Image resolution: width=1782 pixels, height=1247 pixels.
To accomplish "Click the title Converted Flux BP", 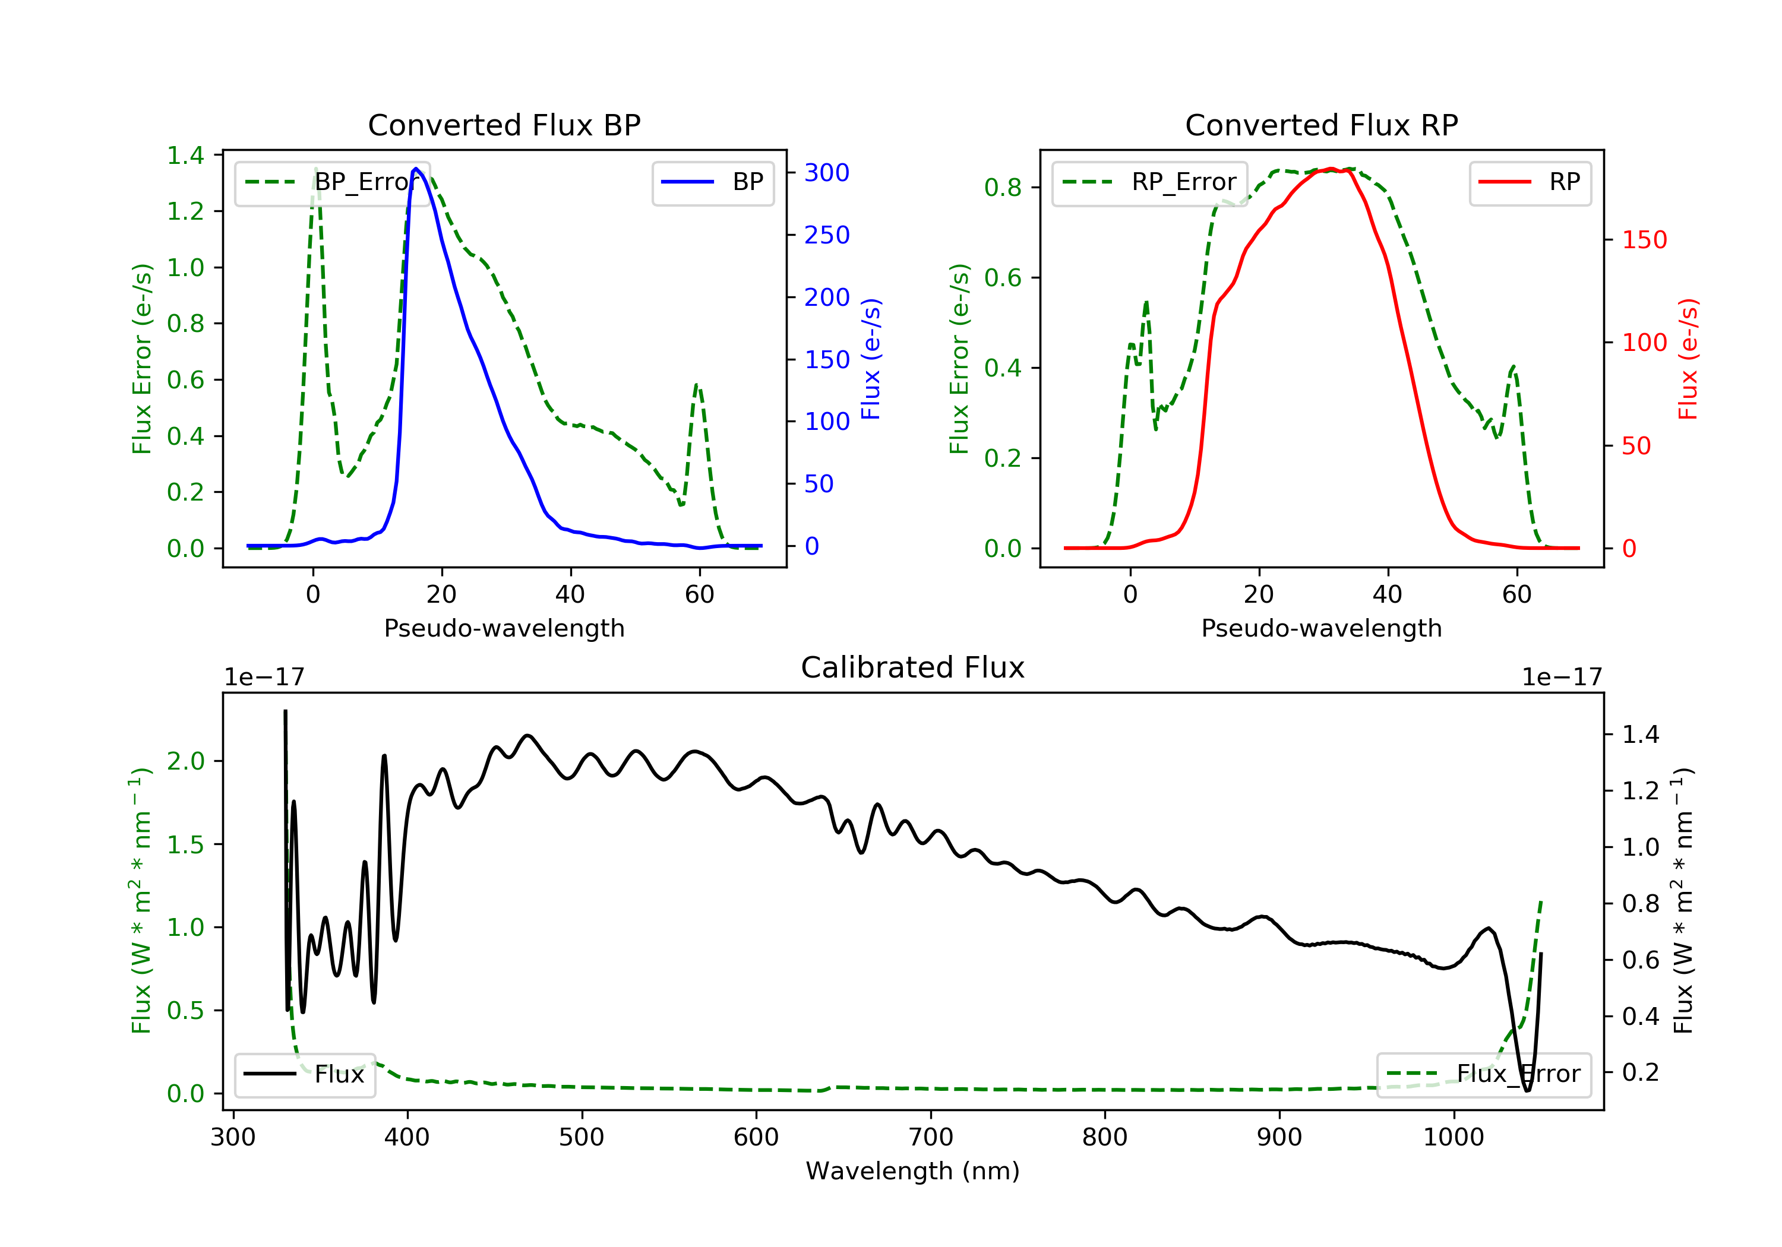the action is (504, 125).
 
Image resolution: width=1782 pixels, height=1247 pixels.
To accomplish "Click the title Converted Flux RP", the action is (1322, 125).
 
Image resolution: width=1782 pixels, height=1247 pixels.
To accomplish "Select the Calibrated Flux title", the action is (913, 667).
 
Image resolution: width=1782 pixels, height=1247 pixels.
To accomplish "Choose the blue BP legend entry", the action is (712, 182).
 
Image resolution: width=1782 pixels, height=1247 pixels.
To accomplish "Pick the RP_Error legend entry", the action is (1149, 182).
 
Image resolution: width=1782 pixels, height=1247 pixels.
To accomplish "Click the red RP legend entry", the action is (1530, 182).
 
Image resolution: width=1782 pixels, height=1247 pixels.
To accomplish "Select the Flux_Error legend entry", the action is (1484, 1074).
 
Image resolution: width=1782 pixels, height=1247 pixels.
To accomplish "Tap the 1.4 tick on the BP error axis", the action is (185, 155).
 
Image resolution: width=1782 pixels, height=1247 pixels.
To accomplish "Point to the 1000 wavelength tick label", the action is (1454, 1137).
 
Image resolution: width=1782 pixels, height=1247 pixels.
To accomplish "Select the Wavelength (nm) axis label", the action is (913, 1171).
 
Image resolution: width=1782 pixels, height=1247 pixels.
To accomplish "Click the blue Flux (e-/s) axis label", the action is (871, 359).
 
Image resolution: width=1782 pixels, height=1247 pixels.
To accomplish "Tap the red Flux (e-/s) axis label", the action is (1688, 359).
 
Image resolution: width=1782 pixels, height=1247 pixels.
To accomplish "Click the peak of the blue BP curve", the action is (416, 169).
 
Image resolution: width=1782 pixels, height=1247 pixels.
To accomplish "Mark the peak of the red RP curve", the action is (1331, 169).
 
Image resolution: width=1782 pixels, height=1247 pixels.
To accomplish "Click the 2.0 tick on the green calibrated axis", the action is (185, 761).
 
